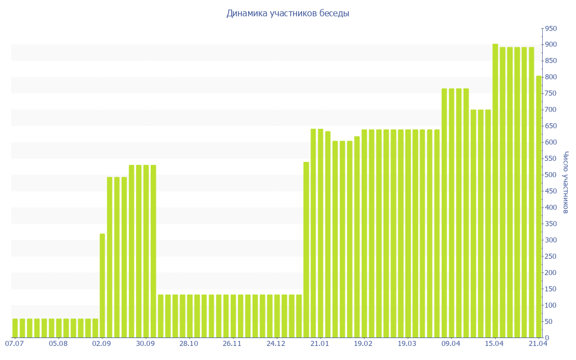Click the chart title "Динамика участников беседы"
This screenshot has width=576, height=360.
[287, 13]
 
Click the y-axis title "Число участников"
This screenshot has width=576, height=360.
[566, 182]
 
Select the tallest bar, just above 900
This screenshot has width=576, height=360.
[495, 191]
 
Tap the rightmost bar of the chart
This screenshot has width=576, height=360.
[539, 206]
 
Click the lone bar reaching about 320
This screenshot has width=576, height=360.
[102, 285]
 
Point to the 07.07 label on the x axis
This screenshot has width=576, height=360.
[14, 343]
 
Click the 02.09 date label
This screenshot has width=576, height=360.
[102, 343]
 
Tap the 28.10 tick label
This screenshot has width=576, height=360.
[189, 343]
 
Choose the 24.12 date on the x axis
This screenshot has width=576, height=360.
[276, 343]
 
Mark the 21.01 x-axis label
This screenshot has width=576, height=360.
[319, 343]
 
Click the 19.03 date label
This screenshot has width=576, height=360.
[407, 343]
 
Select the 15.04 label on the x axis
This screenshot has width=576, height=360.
[494, 343]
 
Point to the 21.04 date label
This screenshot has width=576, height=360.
[538, 343]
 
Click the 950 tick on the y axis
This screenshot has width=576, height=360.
[551, 29]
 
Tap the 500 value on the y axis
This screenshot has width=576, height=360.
[551, 175]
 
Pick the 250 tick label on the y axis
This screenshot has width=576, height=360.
[551, 256]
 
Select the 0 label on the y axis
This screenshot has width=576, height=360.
[547, 338]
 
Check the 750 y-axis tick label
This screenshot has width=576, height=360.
[551, 93]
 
